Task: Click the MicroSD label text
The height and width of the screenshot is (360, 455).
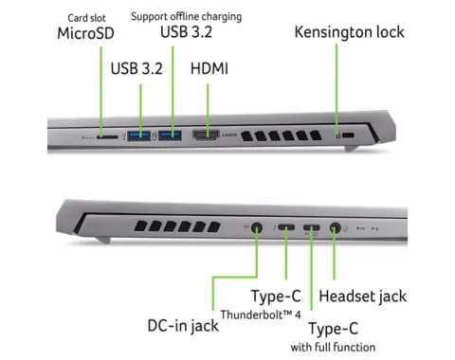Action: (85, 33)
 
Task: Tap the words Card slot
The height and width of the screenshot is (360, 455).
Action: (86, 18)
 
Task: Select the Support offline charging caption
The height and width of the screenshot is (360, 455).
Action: (187, 16)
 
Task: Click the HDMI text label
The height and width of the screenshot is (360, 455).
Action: (209, 68)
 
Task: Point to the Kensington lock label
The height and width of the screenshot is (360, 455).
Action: (350, 32)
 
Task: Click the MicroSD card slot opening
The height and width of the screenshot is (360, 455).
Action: (107, 137)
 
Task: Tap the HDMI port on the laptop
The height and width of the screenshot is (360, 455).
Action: (206, 135)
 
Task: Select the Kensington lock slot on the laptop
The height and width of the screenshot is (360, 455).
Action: (348, 135)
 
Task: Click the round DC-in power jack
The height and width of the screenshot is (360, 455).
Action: (257, 227)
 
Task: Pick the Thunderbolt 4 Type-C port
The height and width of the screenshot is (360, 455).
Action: (286, 227)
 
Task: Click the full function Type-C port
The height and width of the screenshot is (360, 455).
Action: (312, 227)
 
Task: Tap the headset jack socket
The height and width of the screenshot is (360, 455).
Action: (335, 227)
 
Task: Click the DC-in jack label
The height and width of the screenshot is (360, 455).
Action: (183, 326)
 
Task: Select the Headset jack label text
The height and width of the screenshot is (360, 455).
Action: (363, 297)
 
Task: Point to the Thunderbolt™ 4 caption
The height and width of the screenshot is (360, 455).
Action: (261, 315)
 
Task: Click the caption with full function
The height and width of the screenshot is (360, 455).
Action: (333, 348)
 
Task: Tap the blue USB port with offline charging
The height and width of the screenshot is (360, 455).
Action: (170, 135)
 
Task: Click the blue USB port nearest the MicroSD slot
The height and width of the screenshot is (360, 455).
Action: (138, 135)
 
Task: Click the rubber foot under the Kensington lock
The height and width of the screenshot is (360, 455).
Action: (352, 148)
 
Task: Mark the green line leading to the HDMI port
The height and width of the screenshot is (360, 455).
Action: (208, 110)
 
